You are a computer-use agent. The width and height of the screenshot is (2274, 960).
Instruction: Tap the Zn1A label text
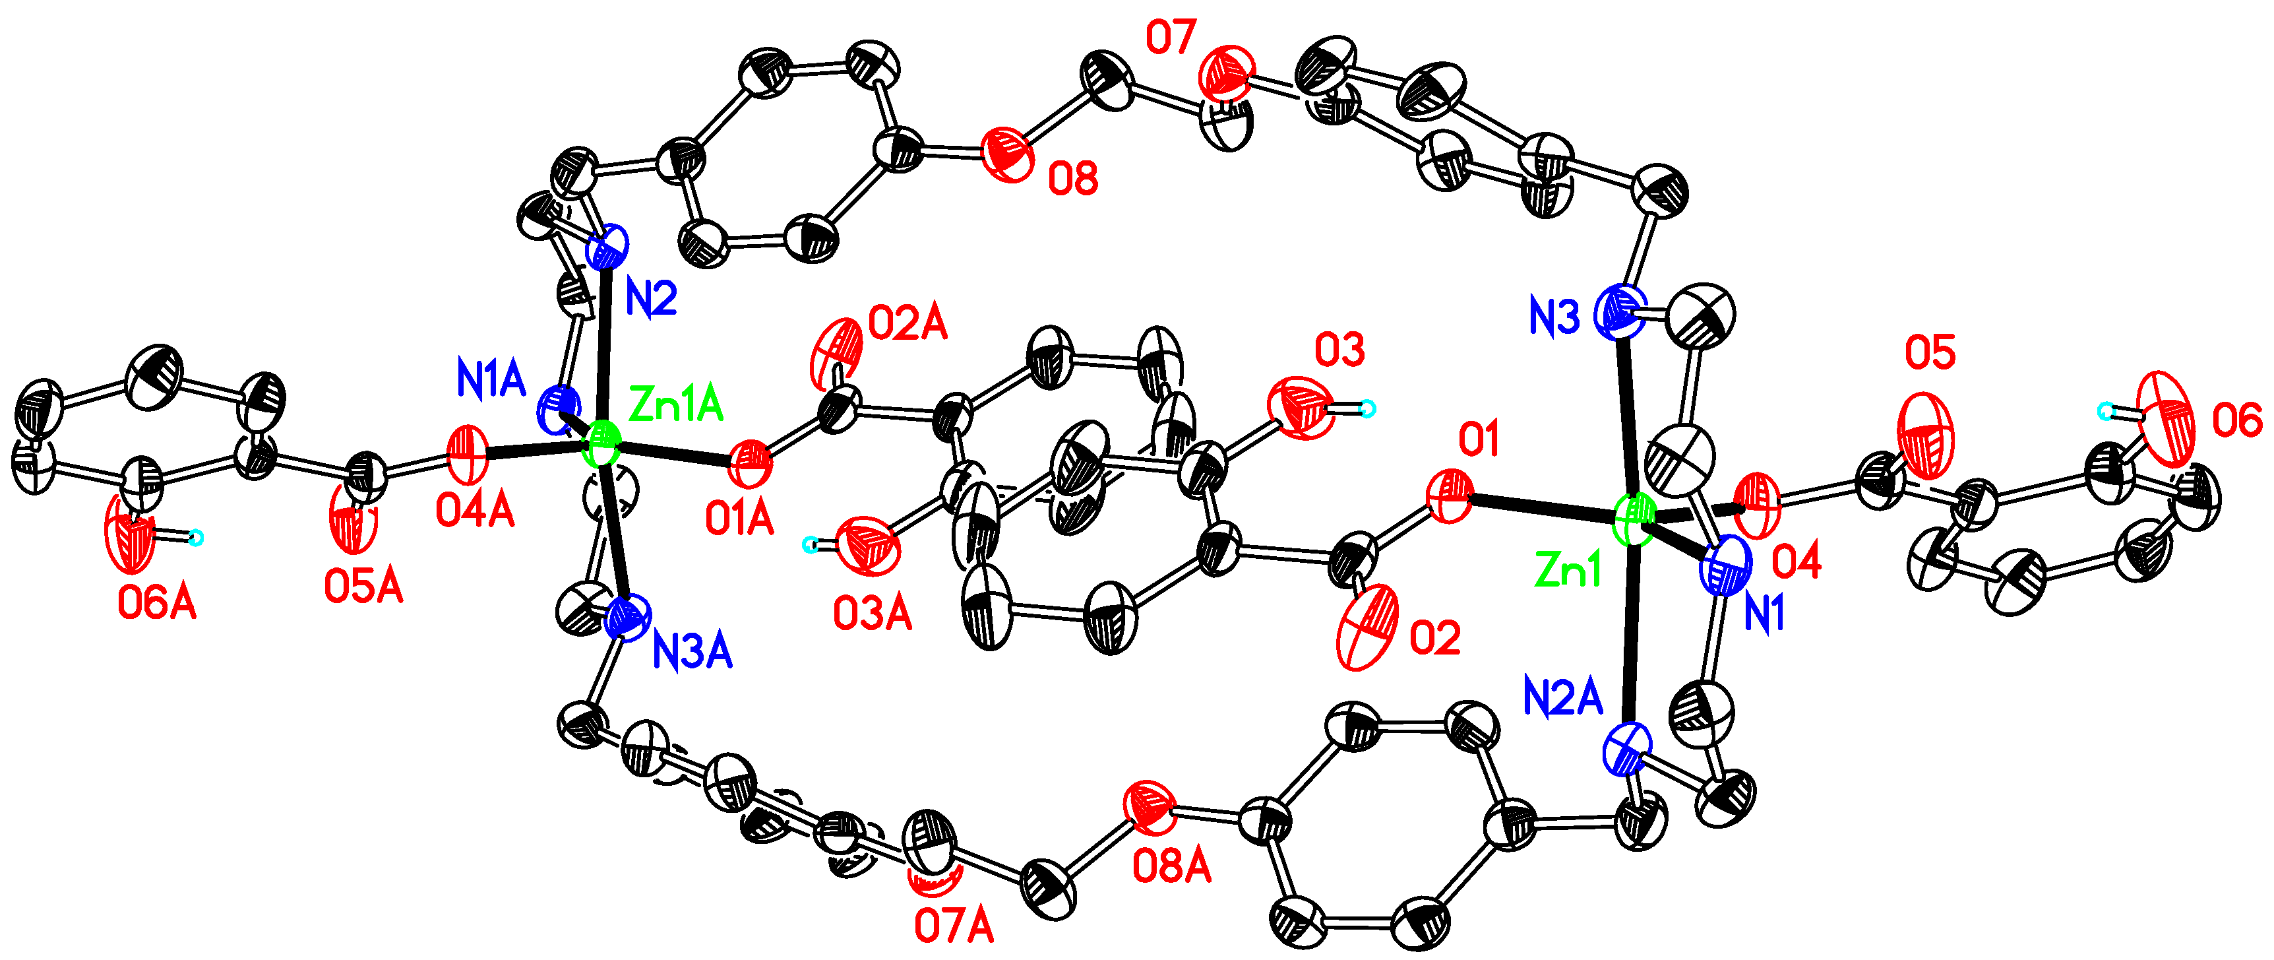[675, 405]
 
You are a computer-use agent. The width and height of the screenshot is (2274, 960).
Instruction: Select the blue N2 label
[650, 300]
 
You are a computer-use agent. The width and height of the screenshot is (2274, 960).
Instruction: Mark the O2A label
[907, 324]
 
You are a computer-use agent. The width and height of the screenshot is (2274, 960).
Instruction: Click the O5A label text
[363, 587]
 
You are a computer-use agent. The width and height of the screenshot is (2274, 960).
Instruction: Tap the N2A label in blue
[1563, 697]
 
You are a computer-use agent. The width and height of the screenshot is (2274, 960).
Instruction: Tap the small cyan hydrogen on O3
[1367, 408]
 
